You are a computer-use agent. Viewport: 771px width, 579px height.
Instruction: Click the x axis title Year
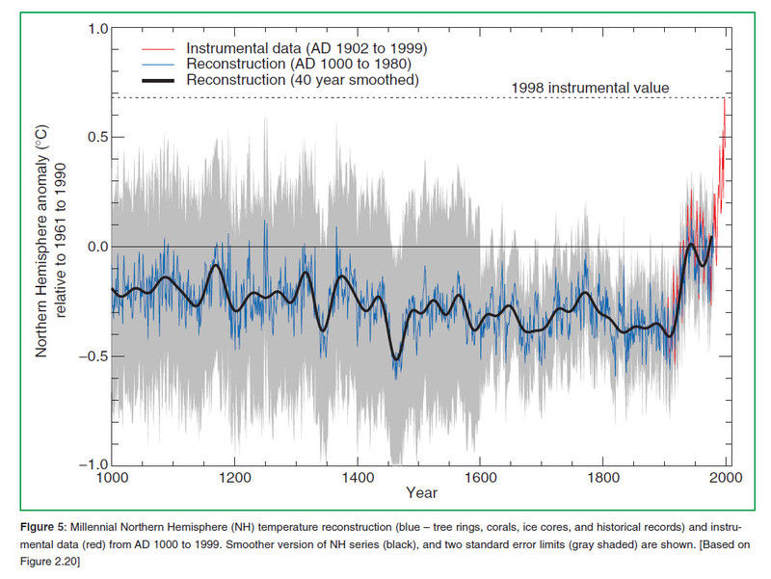coord(420,494)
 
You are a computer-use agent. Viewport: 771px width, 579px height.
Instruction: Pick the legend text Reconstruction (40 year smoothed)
coord(303,80)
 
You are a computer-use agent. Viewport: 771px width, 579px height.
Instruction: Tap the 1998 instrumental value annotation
coord(590,89)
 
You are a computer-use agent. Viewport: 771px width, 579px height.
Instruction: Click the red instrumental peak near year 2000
coord(725,99)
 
